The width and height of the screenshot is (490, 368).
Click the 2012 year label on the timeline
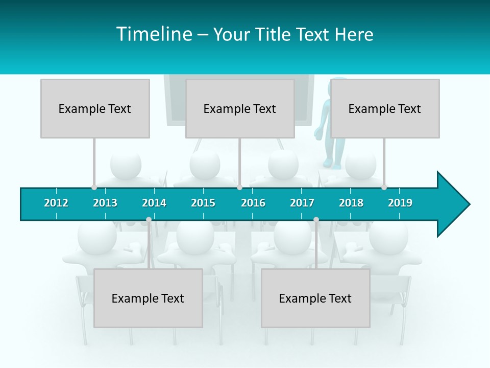coord(56,203)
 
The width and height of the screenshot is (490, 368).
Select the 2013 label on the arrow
coord(105,203)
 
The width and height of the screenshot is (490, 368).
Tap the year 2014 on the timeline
coord(154,203)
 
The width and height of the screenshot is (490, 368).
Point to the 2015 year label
coord(203,203)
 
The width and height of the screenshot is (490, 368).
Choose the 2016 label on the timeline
coord(253,203)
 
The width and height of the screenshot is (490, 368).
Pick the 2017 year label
coord(302,203)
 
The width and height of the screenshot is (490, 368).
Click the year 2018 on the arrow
coord(351,203)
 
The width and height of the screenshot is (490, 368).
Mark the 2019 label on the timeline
coord(400,203)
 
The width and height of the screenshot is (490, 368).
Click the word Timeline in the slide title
coord(154,34)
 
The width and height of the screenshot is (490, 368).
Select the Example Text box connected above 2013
coord(95,108)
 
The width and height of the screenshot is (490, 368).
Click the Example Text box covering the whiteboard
coord(240,108)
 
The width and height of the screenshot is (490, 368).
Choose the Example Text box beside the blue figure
coord(385,108)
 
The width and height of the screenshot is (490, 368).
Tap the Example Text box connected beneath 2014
coord(148,298)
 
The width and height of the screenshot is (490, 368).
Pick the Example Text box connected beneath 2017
coord(315,298)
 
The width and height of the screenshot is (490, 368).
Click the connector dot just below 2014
coord(149,219)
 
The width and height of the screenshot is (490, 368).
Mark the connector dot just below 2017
coord(316,219)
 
